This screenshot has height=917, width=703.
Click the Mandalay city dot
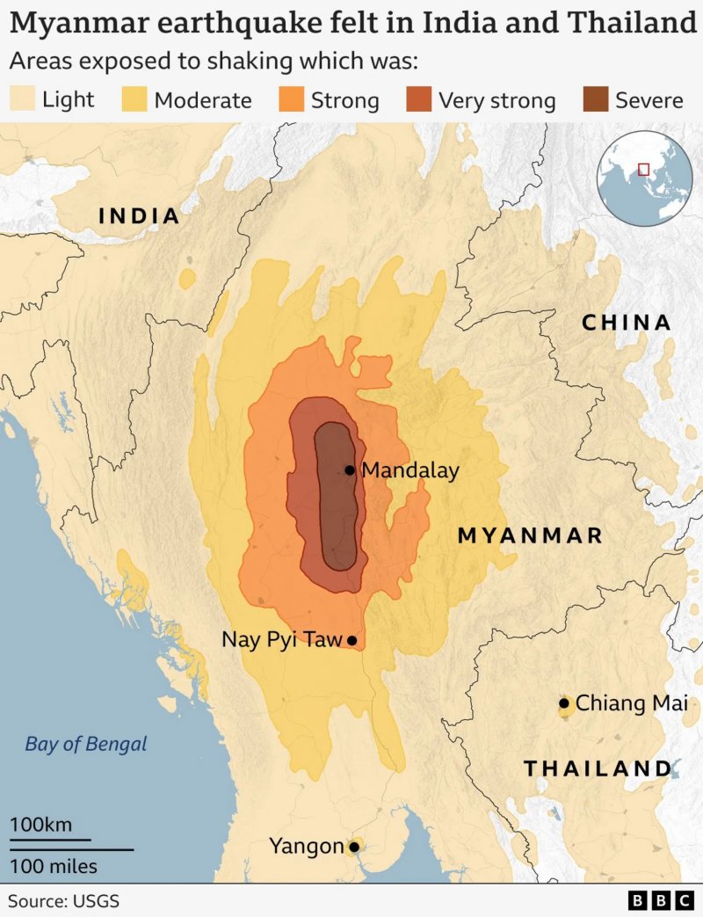coord(350,470)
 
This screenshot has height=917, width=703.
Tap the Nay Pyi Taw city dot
coord(351,641)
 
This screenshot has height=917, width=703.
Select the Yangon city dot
coord(354,847)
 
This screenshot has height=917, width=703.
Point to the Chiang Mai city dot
coord(564,703)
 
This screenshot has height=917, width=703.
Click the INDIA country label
coord(139,215)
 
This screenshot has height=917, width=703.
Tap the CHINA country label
coord(627,323)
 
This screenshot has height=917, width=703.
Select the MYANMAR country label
coord(530,535)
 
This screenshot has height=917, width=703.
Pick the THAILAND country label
coord(598,768)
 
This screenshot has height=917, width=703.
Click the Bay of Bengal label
coord(86,744)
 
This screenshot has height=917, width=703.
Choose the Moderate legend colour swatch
coord(134,98)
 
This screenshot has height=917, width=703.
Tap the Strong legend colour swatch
coord(292,98)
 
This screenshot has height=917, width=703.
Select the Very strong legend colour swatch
coord(419,98)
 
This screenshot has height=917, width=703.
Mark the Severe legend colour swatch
coord(596,98)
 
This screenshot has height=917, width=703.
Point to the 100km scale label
coord(40,825)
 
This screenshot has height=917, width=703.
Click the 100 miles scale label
coord(54,866)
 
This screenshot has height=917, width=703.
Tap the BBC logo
coord(661,901)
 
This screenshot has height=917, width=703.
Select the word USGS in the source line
coord(95,901)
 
